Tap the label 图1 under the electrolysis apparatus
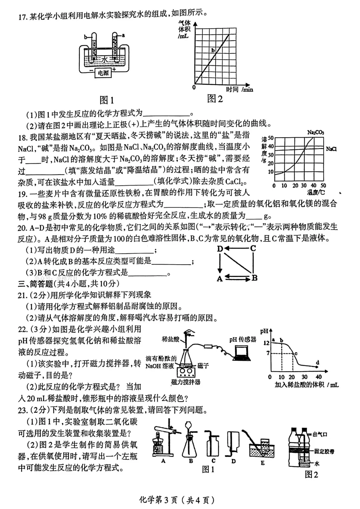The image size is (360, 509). [x=107, y=100]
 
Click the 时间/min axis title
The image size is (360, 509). [x=239, y=89]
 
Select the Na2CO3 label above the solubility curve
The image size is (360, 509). [x=315, y=133]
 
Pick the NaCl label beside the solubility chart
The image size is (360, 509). [x=331, y=149]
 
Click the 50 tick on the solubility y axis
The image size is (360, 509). [x=270, y=138]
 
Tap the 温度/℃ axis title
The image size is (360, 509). [x=316, y=192]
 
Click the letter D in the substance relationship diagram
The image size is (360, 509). [x=220, y=249]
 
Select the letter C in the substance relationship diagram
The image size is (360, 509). [x=253, y=248]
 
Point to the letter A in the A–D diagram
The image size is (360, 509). [x=220, y=279]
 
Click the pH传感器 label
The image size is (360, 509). [x=243, y=339]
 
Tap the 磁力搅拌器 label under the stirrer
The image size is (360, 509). [x=186, y=382]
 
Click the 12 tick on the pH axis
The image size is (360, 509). [x=266, y=343]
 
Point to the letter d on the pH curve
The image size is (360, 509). [x=317, y=362]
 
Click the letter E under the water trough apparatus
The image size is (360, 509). [x=263, y=463]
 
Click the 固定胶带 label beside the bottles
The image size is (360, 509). [x=324, y=451]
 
